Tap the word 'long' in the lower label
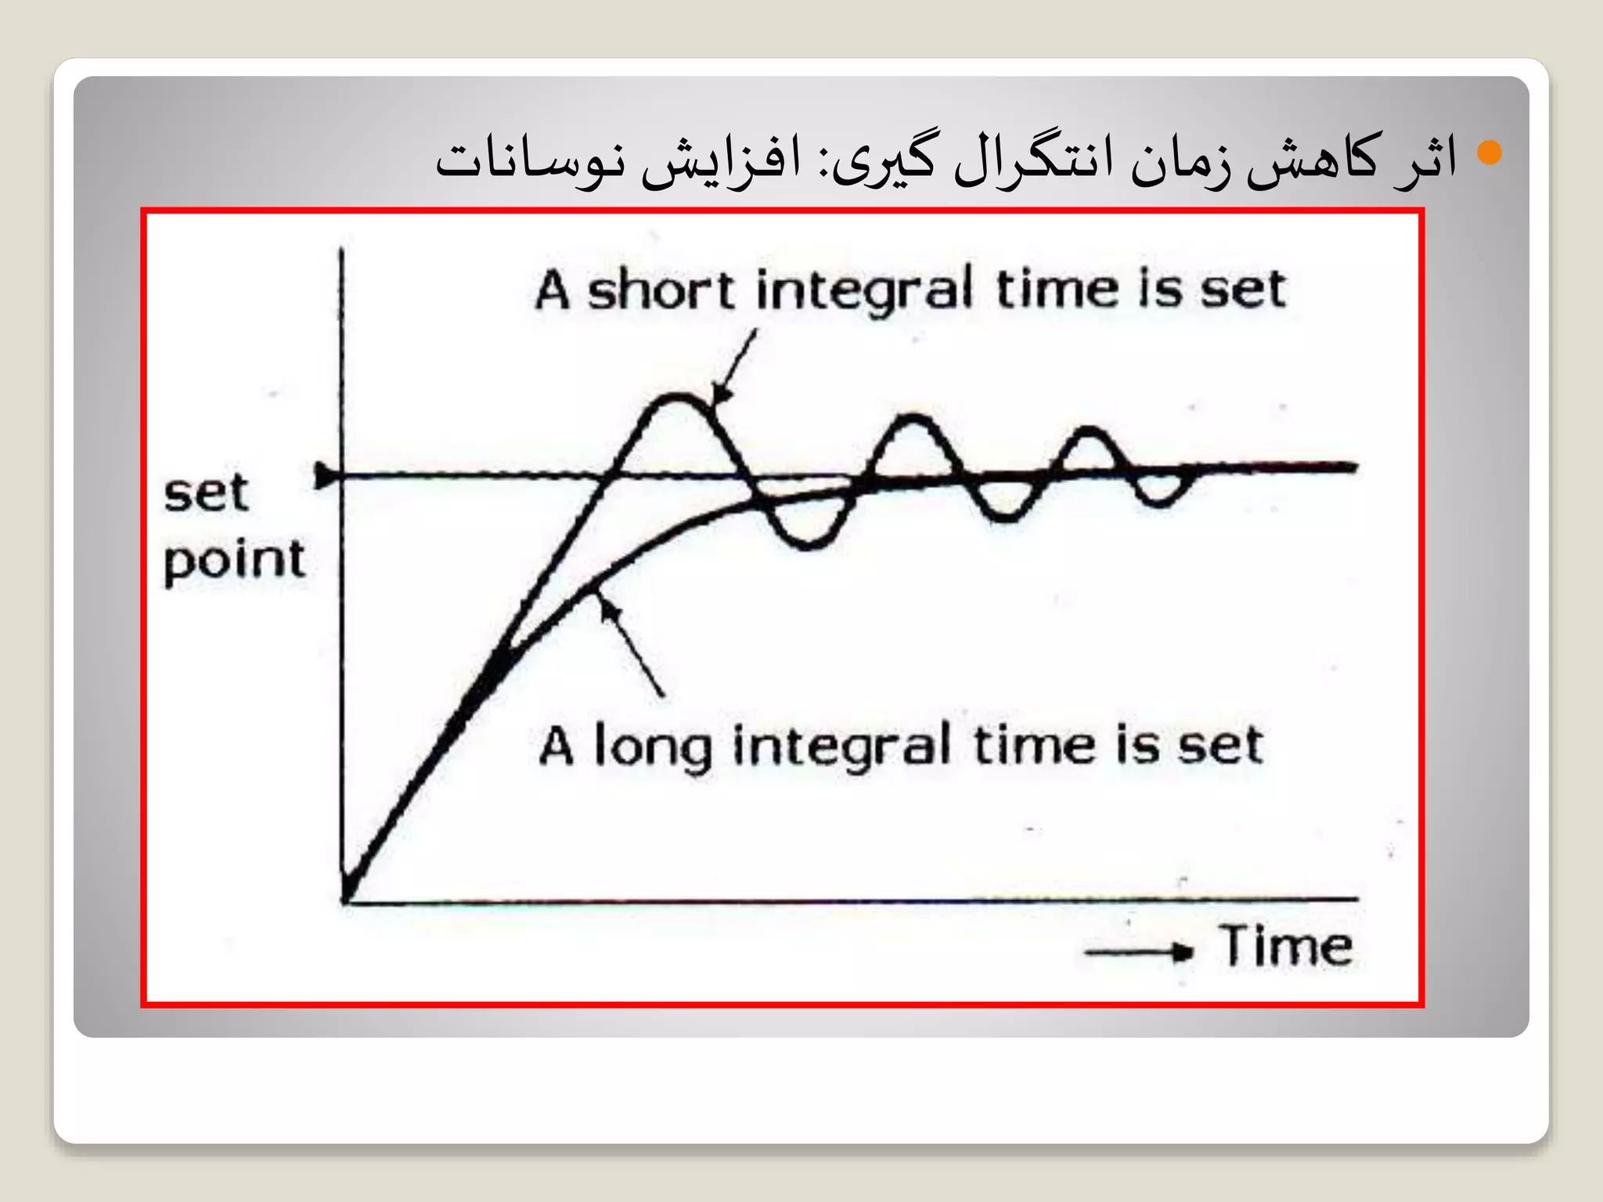[652, 746]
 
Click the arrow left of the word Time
[1139, 952]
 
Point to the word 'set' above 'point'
[206, 494]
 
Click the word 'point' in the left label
[234, 560]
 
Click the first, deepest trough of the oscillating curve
[806, 542]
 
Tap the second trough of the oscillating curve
[1006, 516]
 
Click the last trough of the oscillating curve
[1158, 502]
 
